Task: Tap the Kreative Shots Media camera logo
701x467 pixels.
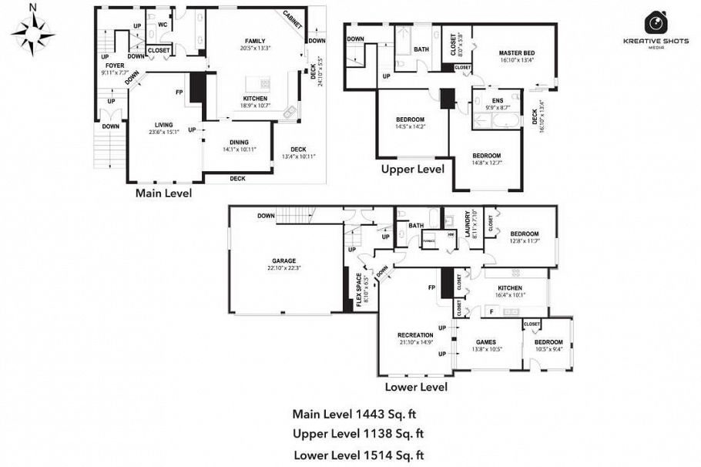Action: pos(656,22)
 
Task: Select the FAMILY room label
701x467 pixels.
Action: pos(254,41)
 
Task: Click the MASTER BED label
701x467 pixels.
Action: pos(516,53)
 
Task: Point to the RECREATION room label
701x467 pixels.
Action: pos(414,334)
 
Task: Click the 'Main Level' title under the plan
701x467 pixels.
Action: pos(163,193)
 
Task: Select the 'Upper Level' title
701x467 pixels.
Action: pos(413,169)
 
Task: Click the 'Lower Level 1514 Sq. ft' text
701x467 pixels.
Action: pos(359,455)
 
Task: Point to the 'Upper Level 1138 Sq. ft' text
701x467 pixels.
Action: pos(359,434)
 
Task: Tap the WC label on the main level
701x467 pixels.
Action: pos(163,25)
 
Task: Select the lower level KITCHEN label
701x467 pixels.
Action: pos(509,287)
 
